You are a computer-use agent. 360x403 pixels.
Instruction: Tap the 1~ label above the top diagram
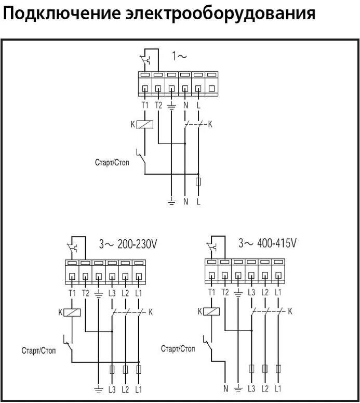tap(179, 56)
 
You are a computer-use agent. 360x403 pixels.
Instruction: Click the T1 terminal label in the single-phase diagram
tap(144, 105)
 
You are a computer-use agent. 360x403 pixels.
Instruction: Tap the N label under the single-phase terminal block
tap(185, 105)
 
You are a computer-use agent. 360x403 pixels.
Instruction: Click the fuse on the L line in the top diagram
tap(198, 182)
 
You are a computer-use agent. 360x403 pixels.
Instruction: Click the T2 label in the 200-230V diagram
tap(85, 293)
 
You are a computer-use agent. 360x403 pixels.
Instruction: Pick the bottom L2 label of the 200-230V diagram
tap(125, 389)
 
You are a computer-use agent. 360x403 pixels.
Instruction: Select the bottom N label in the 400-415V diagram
tap(225, 389)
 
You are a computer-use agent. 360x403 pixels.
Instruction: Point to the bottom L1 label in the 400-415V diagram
tap(278, 389)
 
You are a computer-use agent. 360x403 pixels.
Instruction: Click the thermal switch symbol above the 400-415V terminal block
tap(212, 246)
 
